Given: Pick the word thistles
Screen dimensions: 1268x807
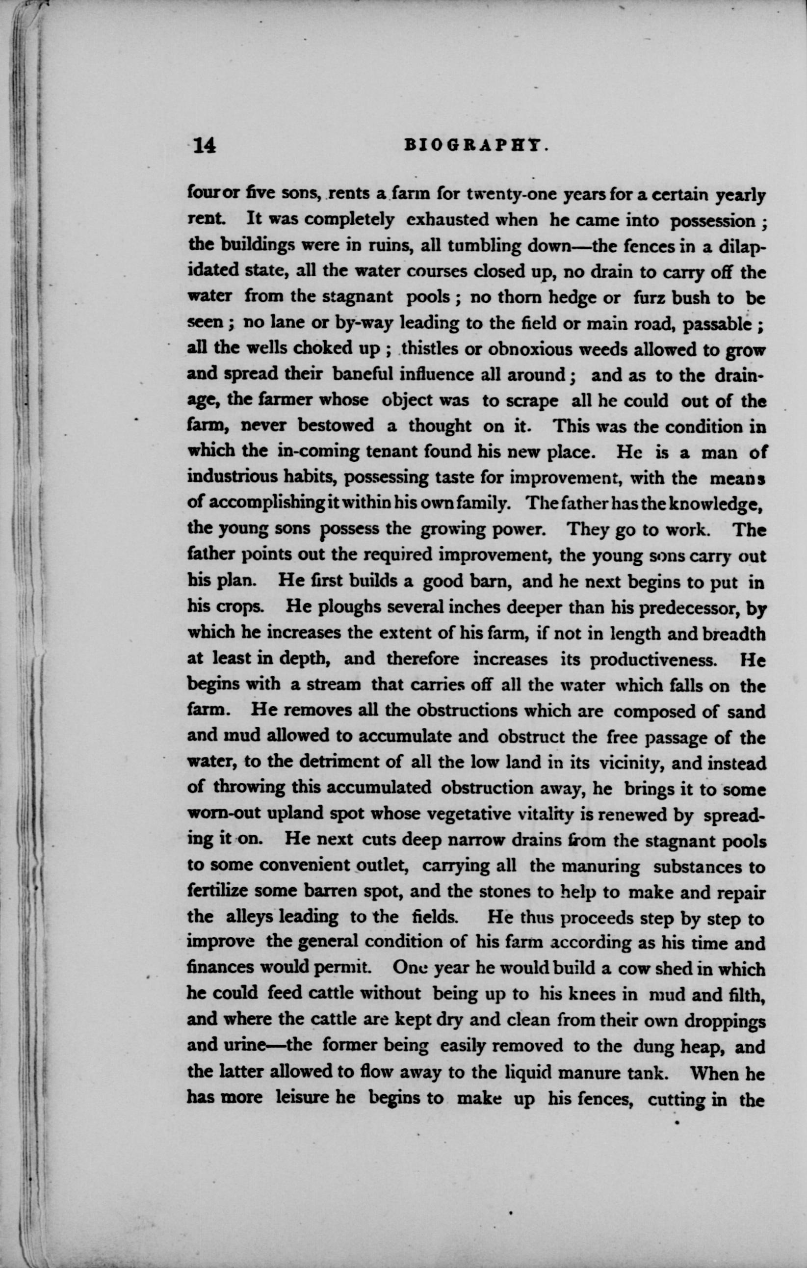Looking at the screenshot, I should [427, 349].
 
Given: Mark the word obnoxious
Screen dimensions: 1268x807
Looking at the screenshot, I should [530, 349].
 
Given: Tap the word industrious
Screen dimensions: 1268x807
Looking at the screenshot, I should [232, 477].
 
